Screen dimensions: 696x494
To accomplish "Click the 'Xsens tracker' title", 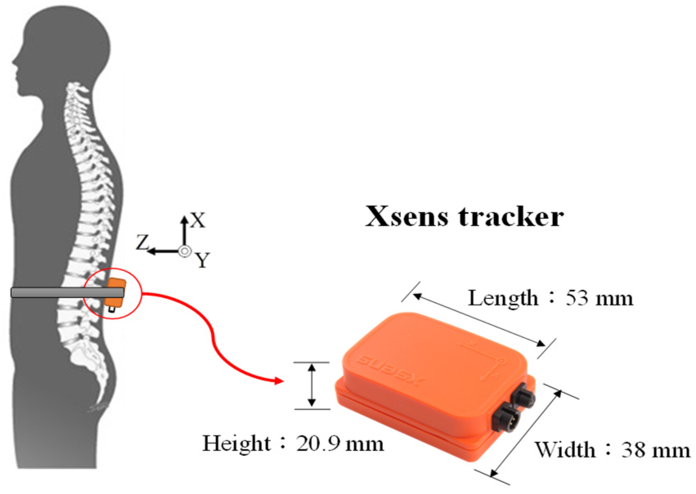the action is tap(464, 216).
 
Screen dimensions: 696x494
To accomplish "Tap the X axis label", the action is tap(198, 221).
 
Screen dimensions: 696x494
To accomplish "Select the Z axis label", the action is tap(142, 243).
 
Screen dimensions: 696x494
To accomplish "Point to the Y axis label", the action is tap(202, 260).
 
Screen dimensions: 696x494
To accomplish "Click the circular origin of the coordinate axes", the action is tap(185, 251).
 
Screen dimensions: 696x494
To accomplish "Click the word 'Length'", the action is tap(503, 298).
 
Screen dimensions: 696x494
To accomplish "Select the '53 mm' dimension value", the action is tap(599, 298).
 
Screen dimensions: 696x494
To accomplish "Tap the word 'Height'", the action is tap(237, 443).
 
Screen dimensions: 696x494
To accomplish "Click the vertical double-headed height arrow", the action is tap(312, 385).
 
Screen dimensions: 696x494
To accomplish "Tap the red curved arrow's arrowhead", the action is tap(279, 381).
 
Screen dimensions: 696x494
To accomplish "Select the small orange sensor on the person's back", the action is tap(115, 293).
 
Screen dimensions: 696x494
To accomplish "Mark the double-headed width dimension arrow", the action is tap(526, 433).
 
